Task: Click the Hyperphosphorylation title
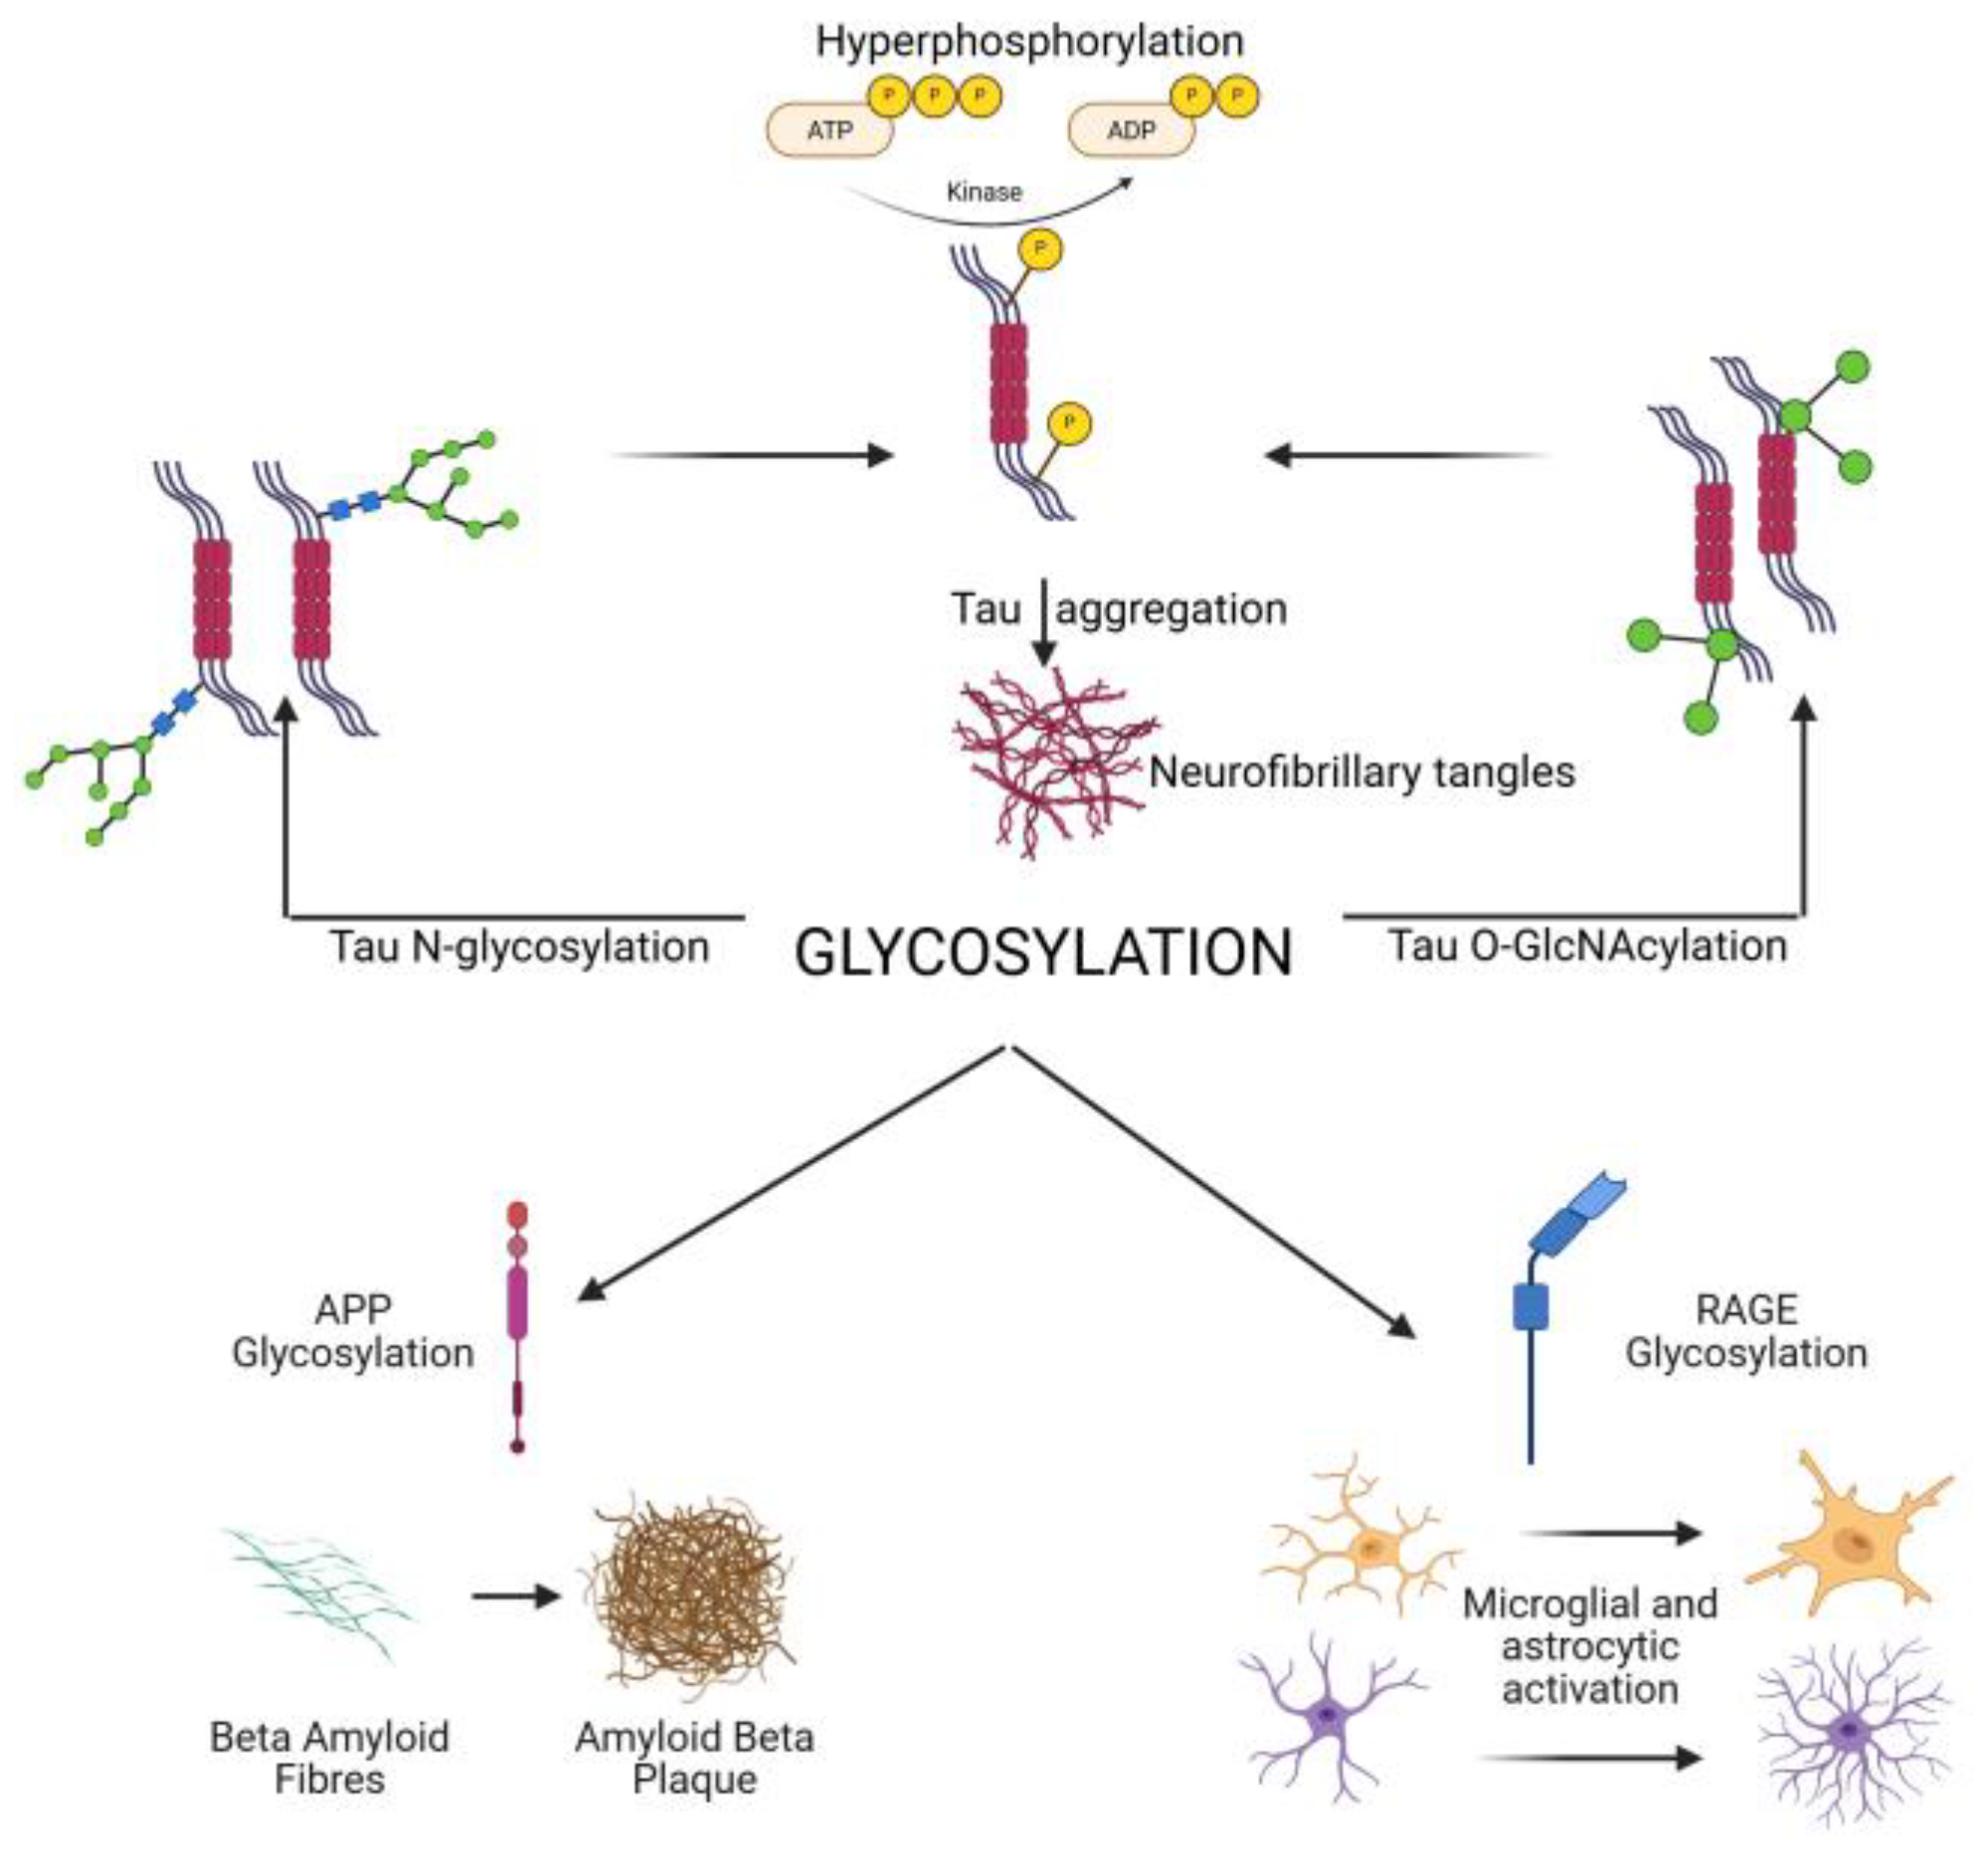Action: pyautogui.click(x=1029, y=42)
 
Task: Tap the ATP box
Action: pyautogui.click(x=829, y=130)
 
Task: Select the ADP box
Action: pyautogui.click(x=1131, y=130)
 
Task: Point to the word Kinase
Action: pyautogui.click(x=984, y=192)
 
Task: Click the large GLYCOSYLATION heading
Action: pyautogui.click(x=1043, y=953)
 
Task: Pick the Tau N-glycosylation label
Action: pyautogui.click(x=519, y=947)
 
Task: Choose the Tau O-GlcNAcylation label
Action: pyautogui.click(x=1587, y=946)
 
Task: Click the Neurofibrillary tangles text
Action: pyautogui.click(x=1362, y=772)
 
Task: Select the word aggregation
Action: pyautogui.click(x=1172, y=608)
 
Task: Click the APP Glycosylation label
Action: pyautogui.click(x=352, y=1331)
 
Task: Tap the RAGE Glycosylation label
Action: pyautogui.click(x=1745, y=1331)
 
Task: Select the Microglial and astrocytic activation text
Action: pyautogui.click(x=1589, y=1646)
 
